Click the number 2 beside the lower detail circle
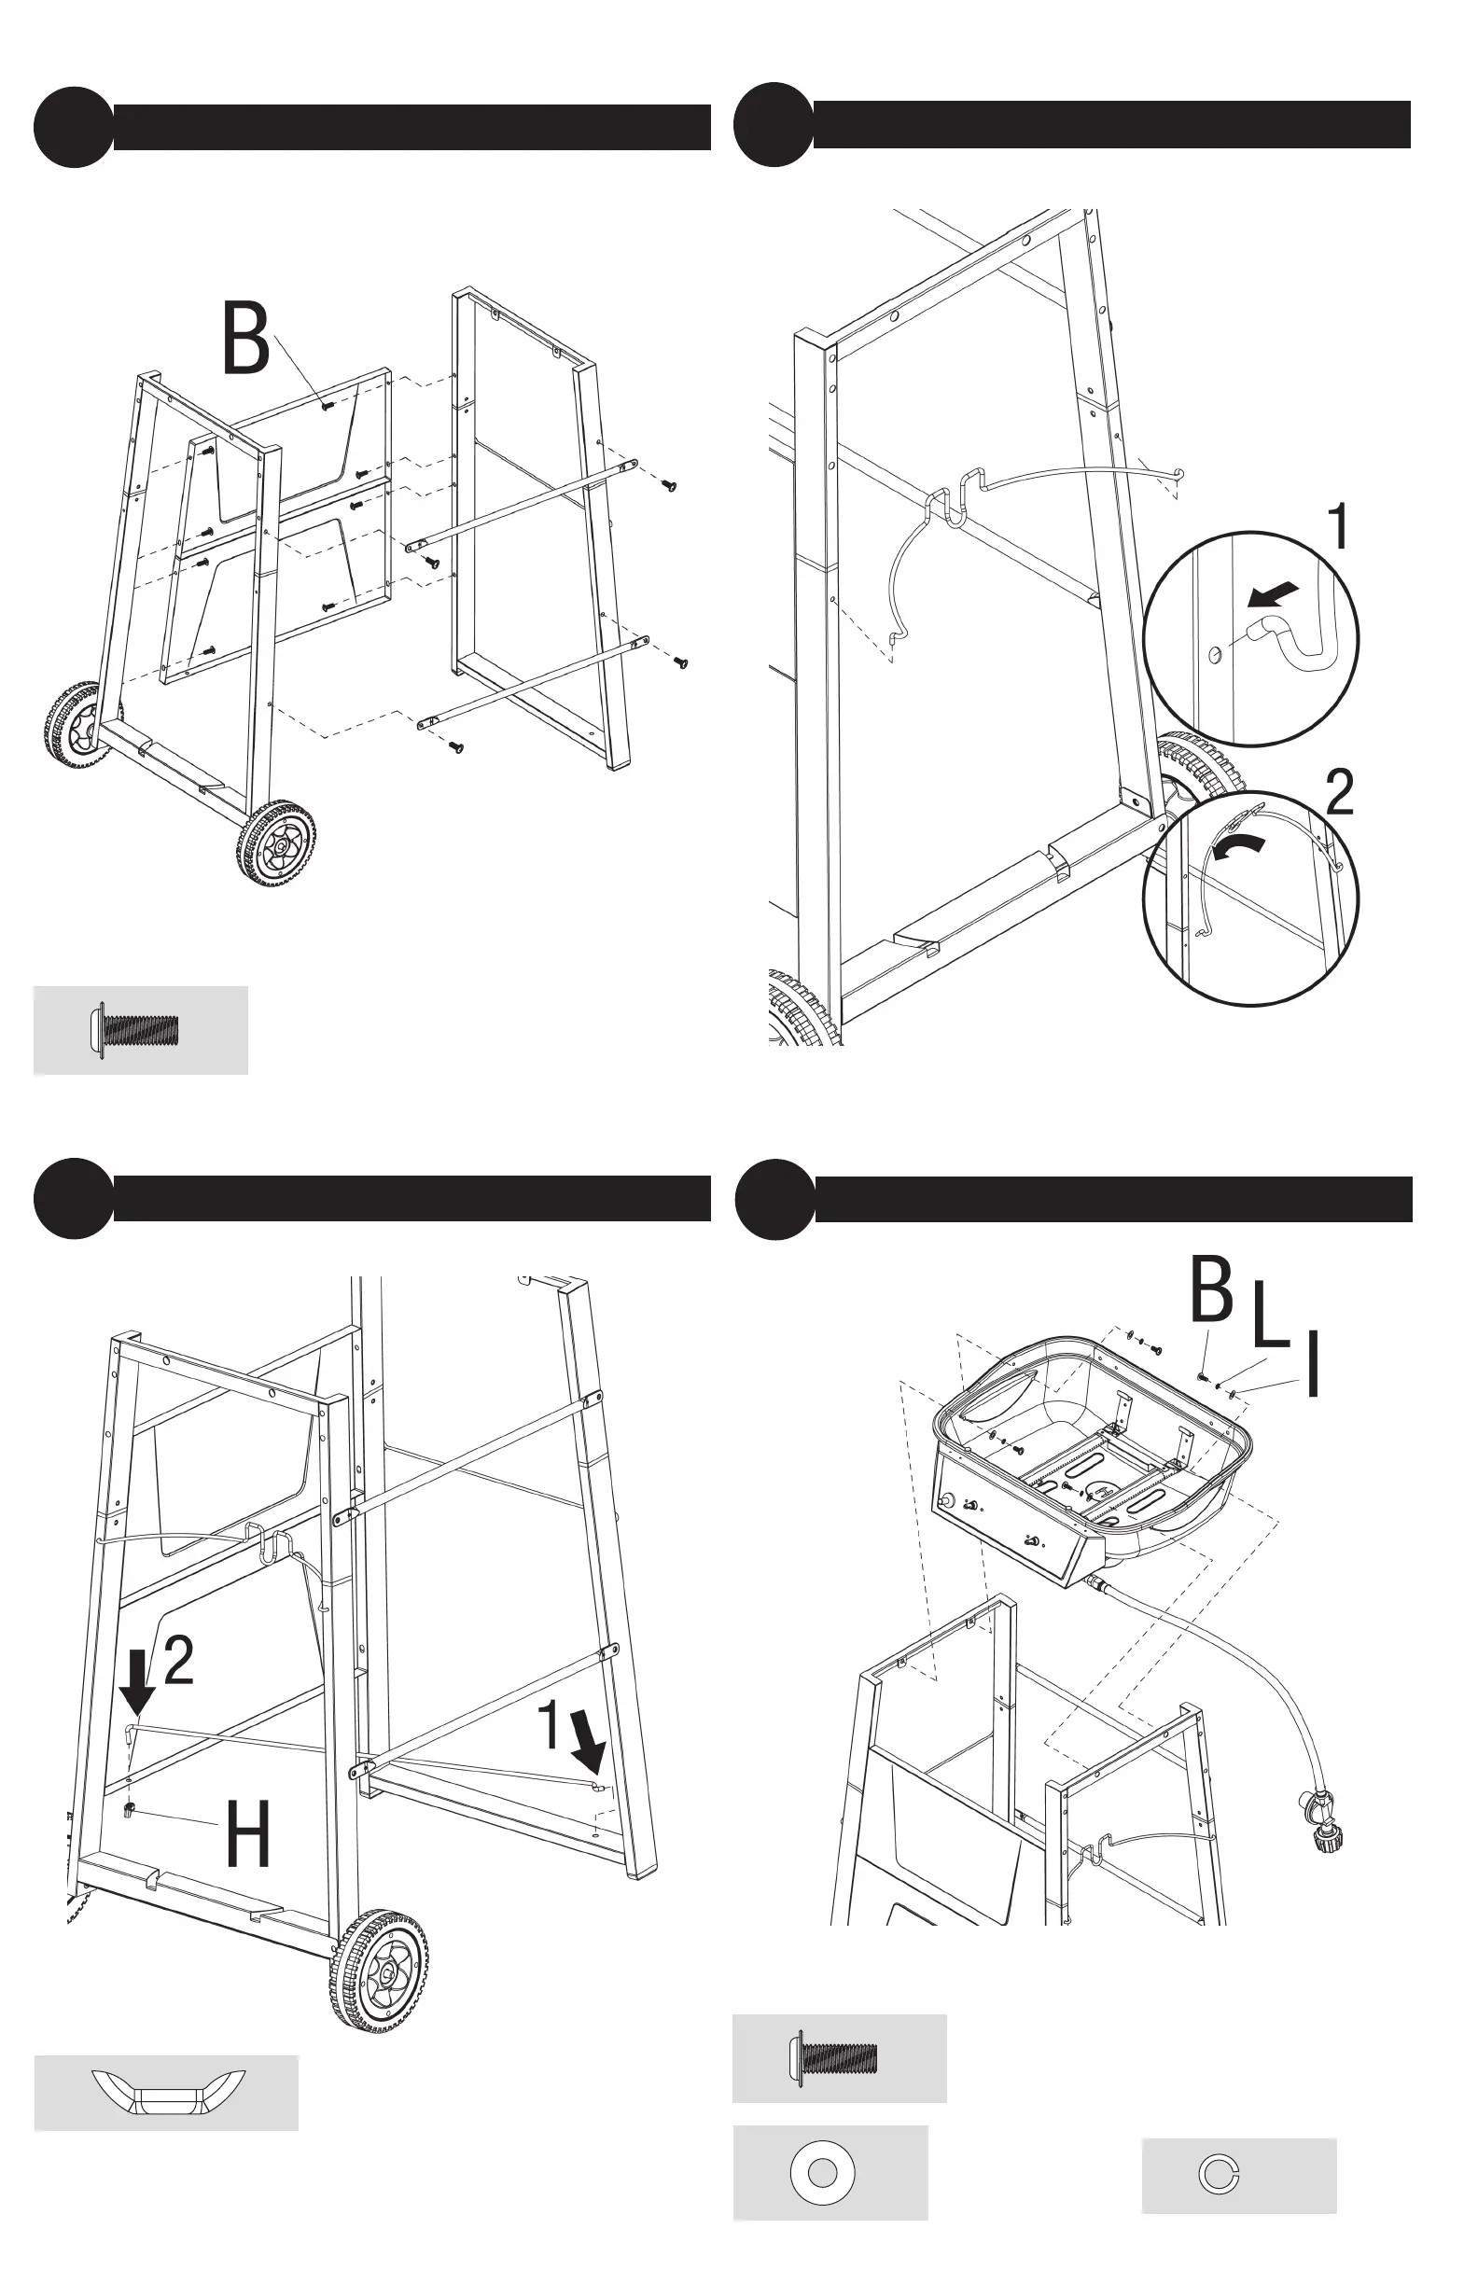pyautogui.click(x=1340, y=793)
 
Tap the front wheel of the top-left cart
pyautogui.click(x=276, y=843)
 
